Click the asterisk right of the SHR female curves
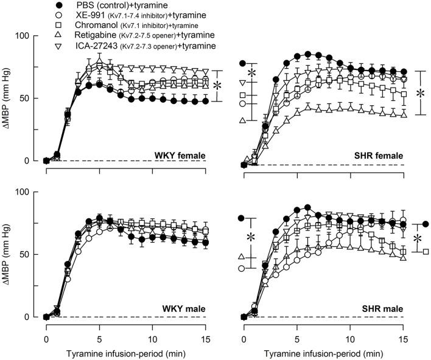421,95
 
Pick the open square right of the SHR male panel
426,251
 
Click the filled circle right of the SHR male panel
426,224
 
